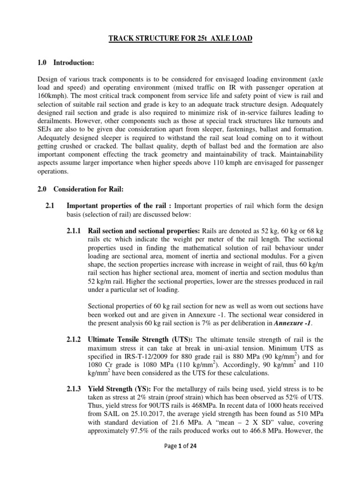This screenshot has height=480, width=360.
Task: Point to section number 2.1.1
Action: (x=75, y=231)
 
